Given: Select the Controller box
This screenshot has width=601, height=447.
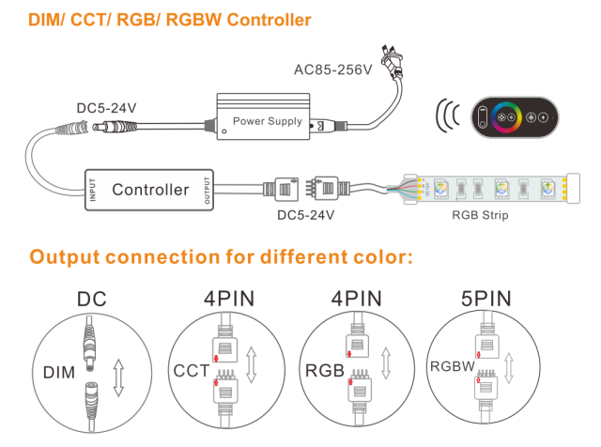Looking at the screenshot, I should click(x=150, y=189).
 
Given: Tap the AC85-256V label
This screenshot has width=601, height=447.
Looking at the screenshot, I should click(x=333, y=70).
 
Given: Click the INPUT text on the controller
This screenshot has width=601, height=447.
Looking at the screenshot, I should click(x=92, y=188).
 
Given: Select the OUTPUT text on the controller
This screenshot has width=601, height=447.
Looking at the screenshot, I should click(x=208, y=189).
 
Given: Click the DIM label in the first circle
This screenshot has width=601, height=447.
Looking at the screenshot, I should click(x=58, y=373).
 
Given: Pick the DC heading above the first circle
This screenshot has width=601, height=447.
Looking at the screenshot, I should click(x=92, y=300).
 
